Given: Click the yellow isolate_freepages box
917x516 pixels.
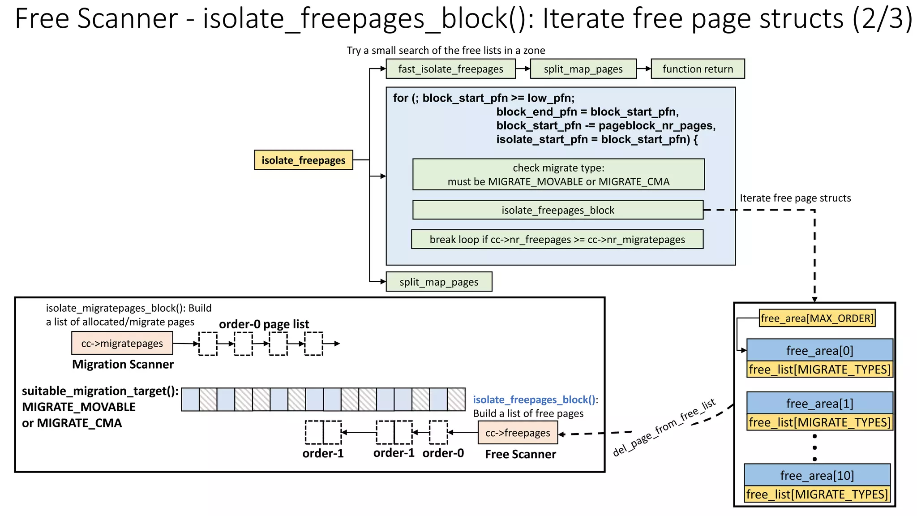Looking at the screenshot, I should [x=304, y=160].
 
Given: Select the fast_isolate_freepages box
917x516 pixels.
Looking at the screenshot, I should [x=450, y=69].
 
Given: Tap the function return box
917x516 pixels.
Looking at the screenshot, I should [x=698, y=69].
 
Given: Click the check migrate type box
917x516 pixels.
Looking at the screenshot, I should [x=558, y=174].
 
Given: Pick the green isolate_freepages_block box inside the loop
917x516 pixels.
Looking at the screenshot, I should [x=558, y=210].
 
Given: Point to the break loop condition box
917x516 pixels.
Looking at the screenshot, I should [x=557, y=240].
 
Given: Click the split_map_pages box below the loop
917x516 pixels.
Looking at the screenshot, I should [x=439, y=282].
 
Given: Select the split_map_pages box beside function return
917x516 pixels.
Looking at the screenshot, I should [x=583, y=69].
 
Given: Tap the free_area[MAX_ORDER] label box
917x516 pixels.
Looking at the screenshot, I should [x=817, y=318].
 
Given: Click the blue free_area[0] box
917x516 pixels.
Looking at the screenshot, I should [x=819, y=350].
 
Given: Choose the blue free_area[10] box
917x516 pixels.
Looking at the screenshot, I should [x=817, y=475].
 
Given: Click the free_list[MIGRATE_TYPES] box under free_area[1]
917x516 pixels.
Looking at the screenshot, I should [x=819, y=422].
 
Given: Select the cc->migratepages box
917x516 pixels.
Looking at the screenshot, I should [x=122, y=344].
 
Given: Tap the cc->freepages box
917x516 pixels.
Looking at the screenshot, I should [x=518, y=433].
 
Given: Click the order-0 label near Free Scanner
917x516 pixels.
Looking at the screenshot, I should [x=443, y=453].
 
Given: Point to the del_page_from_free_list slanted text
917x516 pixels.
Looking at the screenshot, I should [x=664, y=428].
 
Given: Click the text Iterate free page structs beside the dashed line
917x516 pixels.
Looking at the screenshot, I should [x=795, y=198].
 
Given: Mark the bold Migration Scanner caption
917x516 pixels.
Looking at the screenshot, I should [x=123, y=365].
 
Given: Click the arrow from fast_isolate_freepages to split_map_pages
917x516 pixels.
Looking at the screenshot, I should [x=523, y=69].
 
